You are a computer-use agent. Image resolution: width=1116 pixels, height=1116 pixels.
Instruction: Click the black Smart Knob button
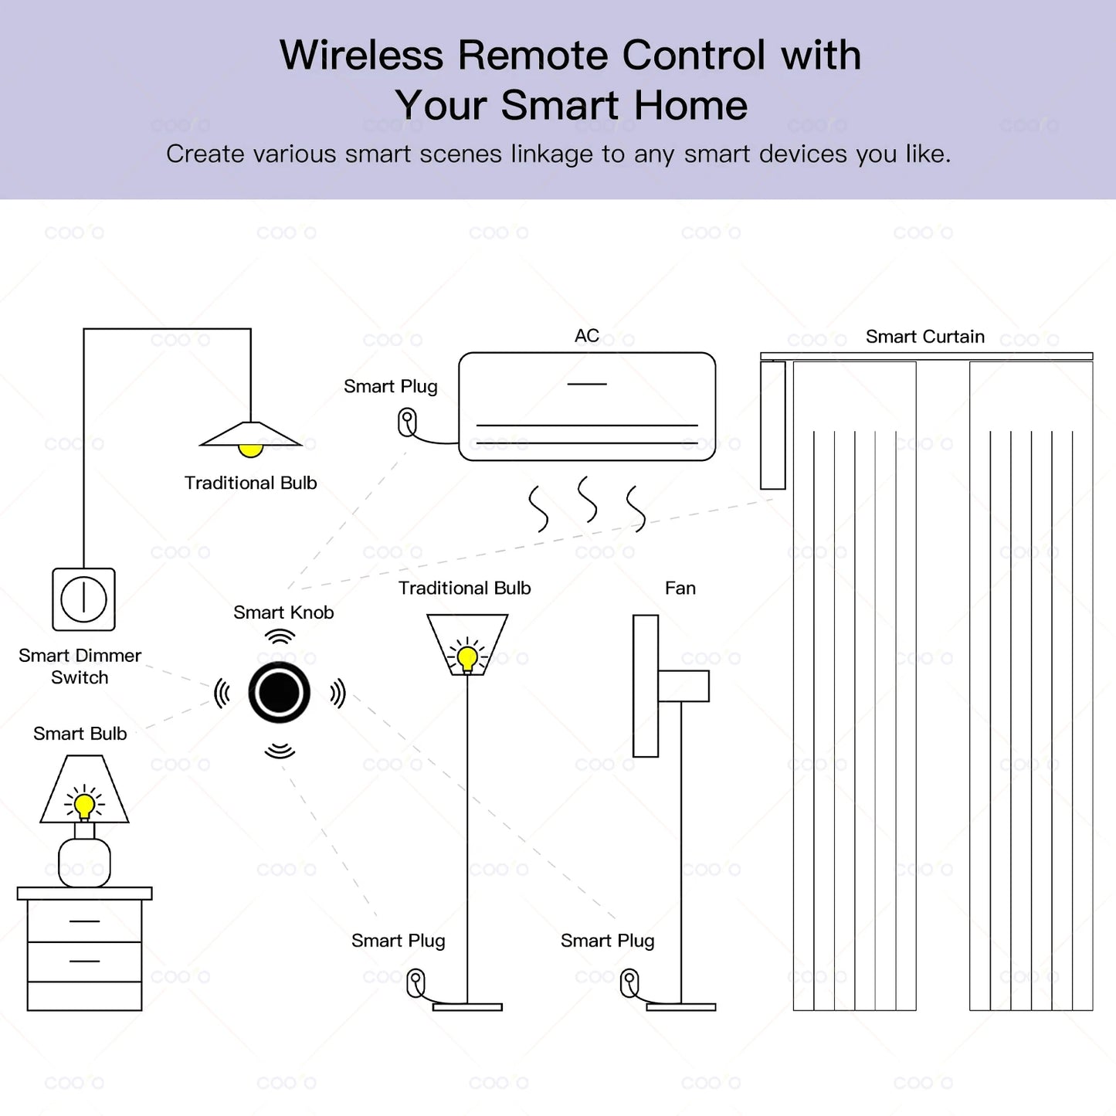pos(279,693)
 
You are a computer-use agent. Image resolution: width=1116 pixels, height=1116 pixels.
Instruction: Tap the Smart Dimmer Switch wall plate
pos(83,599)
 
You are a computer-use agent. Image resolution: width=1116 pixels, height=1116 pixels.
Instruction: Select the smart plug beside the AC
pos(407,422)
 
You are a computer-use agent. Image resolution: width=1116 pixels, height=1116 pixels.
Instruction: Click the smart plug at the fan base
pos(630,983)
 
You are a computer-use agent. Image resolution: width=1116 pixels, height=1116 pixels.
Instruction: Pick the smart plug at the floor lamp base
pos(416,983)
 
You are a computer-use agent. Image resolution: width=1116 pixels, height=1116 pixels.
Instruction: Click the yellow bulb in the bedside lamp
pos(84,805)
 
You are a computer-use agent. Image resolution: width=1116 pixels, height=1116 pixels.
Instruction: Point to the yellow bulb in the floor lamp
pos(466,657)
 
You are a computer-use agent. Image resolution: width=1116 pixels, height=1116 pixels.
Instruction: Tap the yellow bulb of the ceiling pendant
pos(250,449)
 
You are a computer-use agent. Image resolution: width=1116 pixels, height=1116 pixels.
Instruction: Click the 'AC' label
pos(586,336)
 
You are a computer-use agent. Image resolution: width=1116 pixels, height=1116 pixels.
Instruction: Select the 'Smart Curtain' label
pos(924,337)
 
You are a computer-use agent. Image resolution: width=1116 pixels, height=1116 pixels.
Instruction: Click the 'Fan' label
pos(680,589)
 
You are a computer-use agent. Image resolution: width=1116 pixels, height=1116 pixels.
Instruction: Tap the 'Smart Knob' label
pos(283,612)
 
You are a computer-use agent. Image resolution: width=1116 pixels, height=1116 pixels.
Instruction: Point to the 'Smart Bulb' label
pos(80,734)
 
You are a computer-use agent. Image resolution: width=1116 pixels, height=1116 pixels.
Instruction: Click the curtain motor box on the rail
pos(772,425)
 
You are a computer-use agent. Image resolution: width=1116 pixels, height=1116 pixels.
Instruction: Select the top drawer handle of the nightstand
pos(84,921)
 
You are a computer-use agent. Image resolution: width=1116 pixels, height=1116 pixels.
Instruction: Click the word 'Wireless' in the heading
pos(361,56)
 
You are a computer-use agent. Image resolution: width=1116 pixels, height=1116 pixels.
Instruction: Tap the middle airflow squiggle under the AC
pos(588,499)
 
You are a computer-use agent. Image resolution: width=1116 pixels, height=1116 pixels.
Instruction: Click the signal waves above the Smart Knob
pos(280,636)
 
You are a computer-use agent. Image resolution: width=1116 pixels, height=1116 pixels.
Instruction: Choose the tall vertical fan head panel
pos(646,686)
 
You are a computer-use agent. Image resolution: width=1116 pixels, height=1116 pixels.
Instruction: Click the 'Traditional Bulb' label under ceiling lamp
pos(250,483)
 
